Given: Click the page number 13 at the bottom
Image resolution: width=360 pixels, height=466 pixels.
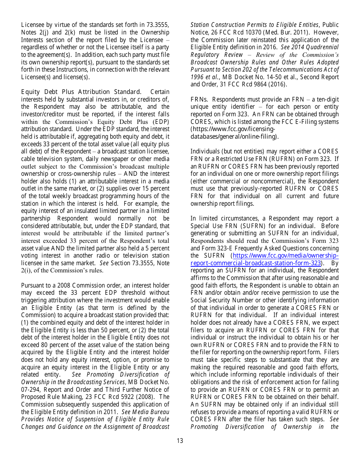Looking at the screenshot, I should point(180,441).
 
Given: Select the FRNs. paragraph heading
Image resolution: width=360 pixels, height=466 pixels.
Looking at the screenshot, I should point(199,100).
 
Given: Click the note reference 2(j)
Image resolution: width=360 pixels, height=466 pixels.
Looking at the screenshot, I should point(45,33).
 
